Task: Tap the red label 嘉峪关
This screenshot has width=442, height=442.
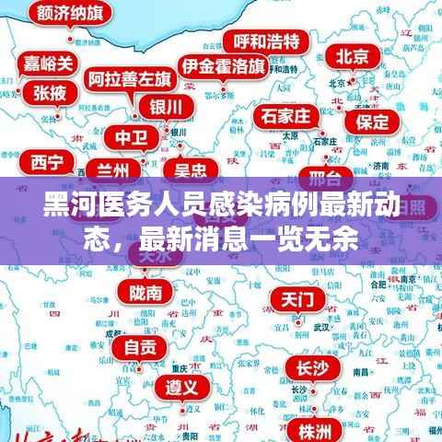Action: [x=49, y=64]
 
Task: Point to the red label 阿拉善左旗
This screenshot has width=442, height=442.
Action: [x=128, y=77]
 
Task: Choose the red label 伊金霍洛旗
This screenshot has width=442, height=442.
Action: [x=224, y=66]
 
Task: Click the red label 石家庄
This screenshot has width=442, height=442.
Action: [x=288, y=117]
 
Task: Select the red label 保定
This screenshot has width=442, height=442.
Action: [x=372, y=121]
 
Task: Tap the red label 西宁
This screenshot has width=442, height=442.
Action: [x=47, y=163]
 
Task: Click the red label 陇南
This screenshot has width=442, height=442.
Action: [x=145, y=293]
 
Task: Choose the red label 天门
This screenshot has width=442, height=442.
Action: [x=297, y=300]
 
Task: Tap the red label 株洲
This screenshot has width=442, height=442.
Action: [x=314, y=430]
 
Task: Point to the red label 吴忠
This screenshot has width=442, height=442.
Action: [x=190, y=169]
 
